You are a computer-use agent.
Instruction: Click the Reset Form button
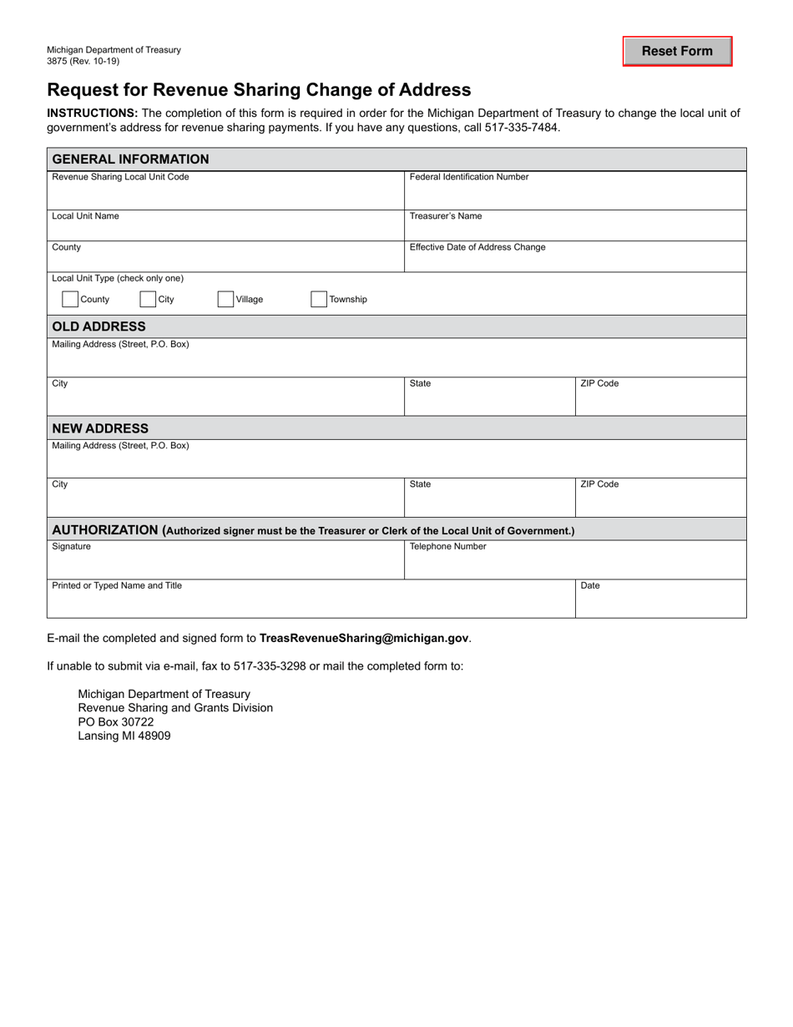click(677, 51)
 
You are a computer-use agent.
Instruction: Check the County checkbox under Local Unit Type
click(71, 300)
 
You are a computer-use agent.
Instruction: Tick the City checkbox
click(148, 300)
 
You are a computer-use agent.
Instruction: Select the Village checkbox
click(225, 300)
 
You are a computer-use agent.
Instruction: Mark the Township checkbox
click(319, 300)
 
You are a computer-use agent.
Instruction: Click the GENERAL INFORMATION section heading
click(131, 159)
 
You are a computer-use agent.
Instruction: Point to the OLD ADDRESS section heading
click(98, 326)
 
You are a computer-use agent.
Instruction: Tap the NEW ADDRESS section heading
click(100, 428)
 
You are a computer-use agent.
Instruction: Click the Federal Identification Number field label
click(469, 177)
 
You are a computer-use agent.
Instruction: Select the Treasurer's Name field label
click(446, 216)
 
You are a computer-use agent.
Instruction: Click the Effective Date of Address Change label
click(477, 247)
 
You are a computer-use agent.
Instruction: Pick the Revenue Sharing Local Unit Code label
click(120, 177)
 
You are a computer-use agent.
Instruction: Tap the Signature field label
click(72, 547)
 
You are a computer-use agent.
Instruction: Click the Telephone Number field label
click(447, 547)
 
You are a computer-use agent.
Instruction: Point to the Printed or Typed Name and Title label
click(117, 586)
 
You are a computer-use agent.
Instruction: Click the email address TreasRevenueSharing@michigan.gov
click(364, 638)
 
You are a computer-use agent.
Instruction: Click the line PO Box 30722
click(116, 722)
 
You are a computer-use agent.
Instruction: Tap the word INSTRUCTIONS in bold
click(92, 114)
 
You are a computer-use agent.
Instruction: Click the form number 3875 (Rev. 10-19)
click(83, 61)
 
